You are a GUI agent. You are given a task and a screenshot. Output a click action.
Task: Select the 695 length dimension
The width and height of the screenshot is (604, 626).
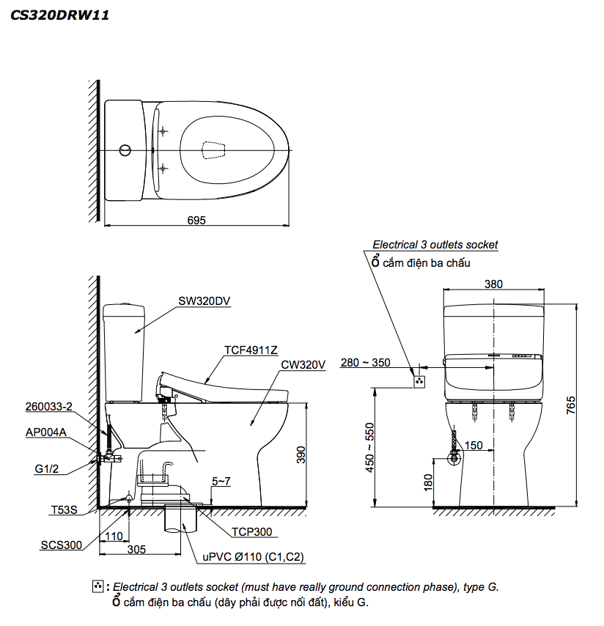pyautogui.click(x=196, y=220)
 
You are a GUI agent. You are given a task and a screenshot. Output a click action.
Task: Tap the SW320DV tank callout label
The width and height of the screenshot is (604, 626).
pyautogui.click(x=204, y=300)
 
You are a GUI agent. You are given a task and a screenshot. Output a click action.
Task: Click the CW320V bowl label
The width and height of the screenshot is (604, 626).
pyautogui.click(x=303, y=364)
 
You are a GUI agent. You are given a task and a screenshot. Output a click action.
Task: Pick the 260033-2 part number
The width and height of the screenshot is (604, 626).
pyautogui.click(x=47, y=406)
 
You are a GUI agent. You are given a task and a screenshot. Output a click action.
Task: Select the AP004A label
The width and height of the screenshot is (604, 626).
pyautogui.click(x=46, y=432)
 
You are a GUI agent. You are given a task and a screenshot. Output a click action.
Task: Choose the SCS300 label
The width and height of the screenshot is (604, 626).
pyautogui.click(x=60, y=545)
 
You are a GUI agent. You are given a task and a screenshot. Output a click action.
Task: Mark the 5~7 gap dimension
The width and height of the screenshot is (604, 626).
pyautogui.click(x=221, y=482)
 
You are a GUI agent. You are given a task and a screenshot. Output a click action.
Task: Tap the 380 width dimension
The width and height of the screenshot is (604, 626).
pyautogui.click(x=494, y=284)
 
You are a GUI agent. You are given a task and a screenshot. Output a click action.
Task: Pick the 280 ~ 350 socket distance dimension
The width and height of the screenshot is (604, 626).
pyautogui.click(x=366, y=362)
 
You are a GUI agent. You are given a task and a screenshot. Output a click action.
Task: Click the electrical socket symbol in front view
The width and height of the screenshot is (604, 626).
pyautogui.click(x=419, y=381)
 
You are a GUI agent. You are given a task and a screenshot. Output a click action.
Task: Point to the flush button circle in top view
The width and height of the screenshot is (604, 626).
pyautogui.click(x=125, y=151)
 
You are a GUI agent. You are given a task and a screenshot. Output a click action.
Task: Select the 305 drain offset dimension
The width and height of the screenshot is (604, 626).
pyautogui.click(x=136, y=548)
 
